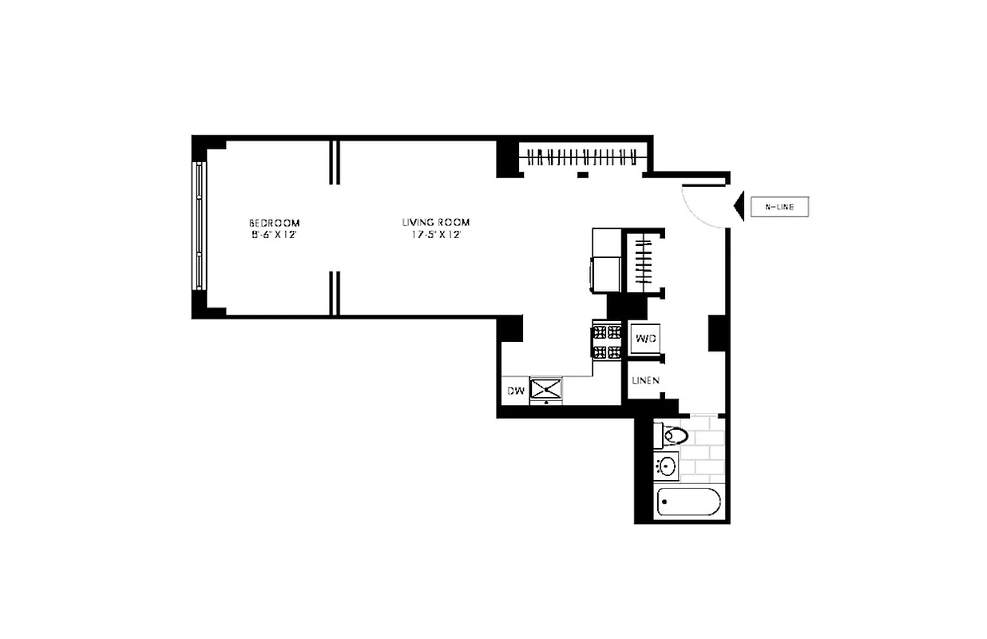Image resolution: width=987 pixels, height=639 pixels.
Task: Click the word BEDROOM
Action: (274, 222)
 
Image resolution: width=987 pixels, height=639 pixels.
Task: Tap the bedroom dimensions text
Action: (274, 236)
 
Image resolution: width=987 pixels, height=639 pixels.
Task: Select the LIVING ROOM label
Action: (435, 222)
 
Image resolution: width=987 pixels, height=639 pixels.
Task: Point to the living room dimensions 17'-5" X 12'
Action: (435, 236)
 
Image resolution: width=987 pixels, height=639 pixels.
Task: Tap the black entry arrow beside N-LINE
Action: (739, 207)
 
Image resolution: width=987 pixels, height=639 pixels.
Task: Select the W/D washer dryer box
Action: (644, 339)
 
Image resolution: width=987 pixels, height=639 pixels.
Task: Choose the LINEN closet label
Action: (645, 381)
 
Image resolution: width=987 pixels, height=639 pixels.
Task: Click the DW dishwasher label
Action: (515, 391)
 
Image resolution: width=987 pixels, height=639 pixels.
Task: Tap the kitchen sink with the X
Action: (546, 390)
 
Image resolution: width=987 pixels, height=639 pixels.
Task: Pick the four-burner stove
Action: (606, 341)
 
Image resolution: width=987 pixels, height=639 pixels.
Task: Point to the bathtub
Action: (688, 502)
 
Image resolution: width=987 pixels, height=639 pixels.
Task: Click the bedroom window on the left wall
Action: (199, 228)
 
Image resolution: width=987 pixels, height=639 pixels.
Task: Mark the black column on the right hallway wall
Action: (716, 333)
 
